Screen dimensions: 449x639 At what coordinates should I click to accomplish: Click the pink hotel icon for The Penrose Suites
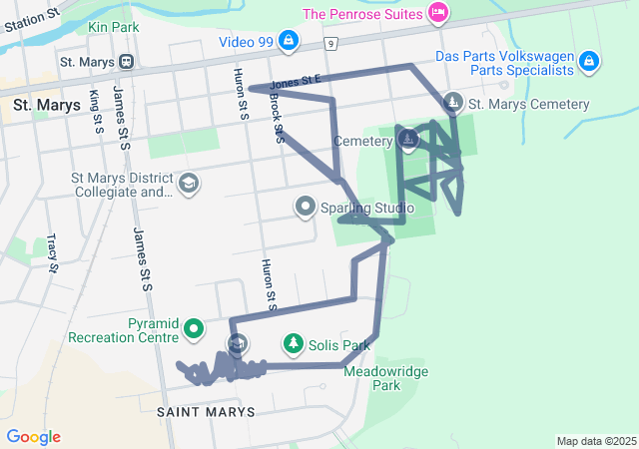tap(437, 13)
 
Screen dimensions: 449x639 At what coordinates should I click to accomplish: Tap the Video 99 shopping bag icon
tap(288, 40)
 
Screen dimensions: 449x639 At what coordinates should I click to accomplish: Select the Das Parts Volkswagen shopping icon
tap(589, 62)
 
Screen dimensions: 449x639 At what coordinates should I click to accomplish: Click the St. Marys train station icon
tap(126, 61)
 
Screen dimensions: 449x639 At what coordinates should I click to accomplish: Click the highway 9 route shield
tap(328, 44)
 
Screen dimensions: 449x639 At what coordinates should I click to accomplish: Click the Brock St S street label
tap(277, 120)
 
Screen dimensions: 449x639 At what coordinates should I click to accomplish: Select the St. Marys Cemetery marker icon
tap(453, 102)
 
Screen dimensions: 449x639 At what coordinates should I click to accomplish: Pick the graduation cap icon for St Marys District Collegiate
tap(188, 184)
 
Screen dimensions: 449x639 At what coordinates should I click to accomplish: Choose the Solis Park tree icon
tap(293, 344)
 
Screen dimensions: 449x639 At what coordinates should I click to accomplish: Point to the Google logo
tap(33, 437)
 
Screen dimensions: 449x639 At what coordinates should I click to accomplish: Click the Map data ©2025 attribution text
tap(596, 441)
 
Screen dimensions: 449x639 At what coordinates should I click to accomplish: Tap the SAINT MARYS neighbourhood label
tap(207, 411)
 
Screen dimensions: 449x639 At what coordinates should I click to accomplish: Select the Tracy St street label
tap(52, 252)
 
